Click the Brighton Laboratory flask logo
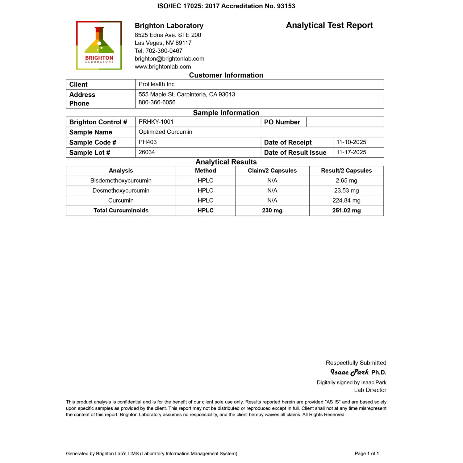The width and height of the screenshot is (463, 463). tap(99, 45)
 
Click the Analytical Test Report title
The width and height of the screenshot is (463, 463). tap(329, 25)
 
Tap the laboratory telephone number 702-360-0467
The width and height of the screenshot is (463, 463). tap(164, 51)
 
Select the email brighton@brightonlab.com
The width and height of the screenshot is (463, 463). tap(169, 59)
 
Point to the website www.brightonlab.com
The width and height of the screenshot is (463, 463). tap(163, 67)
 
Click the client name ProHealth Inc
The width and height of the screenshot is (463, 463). tap(156, 84)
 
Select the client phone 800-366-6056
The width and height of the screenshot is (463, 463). tap(157, 102)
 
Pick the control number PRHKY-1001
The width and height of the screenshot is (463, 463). tap(156, 122)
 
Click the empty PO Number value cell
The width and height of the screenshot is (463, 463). tap(345, 122)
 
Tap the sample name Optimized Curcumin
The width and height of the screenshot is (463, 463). tap(165, 132)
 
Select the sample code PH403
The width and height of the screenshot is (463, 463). tap(148, 142)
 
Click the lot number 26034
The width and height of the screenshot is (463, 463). tap(147, 152)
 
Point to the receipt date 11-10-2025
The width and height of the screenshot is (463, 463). tap(351, 142)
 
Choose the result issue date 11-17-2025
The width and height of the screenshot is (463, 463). tap(351, 152)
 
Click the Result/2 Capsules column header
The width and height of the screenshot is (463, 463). tap(346, 171)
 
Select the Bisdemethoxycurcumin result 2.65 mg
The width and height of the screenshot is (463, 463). tap(346, 181)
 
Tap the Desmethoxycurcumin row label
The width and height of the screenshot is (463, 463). tap(121, 191)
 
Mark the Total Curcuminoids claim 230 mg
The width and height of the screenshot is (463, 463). tap(272, 211)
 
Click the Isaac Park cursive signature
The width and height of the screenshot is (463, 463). tap(349, 372)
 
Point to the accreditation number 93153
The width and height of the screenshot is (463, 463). tap(286, 6)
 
